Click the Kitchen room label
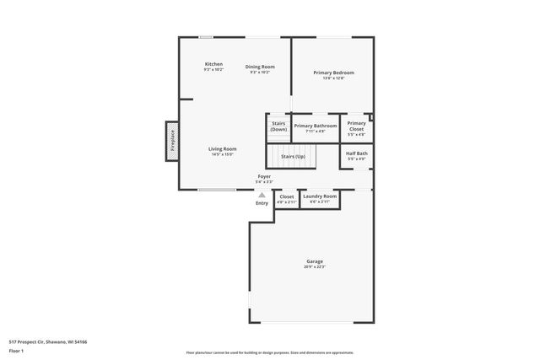pos(213,64)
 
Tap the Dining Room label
pos(260,67)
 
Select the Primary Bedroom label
pos(333,73)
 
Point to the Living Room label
pos(222,148)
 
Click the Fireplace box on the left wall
pos(171,139)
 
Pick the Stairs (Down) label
pos(278,126)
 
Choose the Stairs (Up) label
pos(293,157)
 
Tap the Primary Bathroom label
pos(315,126)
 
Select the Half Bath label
pos(356,153)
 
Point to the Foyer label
pos(263,176)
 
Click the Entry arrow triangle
pos(262,195)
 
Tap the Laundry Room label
pos(320,196)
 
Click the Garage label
pos(314,261)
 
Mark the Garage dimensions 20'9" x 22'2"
pos(314,267)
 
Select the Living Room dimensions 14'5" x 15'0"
pos(222,155)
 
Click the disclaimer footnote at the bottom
pos(269,353)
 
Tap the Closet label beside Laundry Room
pos(287,196)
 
